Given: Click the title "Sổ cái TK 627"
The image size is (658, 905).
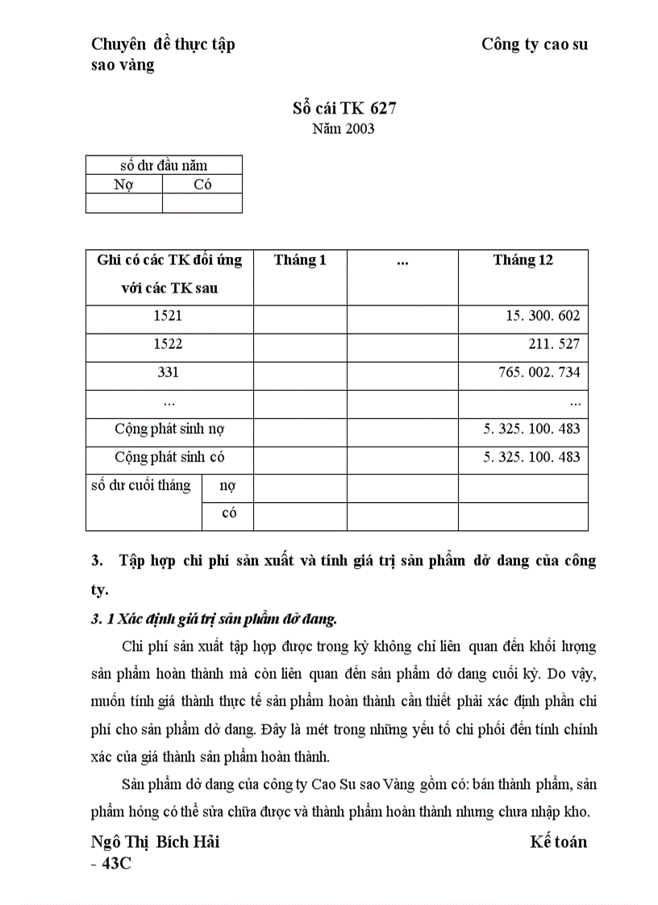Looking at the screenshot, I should pos(344,108).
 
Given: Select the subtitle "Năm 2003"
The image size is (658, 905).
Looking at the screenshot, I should pos(344,128).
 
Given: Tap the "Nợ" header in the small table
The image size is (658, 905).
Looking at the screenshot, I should pos(123,185).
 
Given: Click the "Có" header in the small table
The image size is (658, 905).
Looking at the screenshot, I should pos(202,185).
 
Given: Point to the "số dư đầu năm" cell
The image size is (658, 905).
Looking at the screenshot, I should pos(164,165).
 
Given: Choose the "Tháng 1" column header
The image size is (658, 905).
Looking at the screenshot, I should pos(300,260).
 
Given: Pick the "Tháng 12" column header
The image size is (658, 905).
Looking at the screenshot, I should pos(523,260).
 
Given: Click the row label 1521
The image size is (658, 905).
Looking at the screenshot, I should pos(169,316).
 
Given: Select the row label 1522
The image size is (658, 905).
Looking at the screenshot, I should pos(169,344).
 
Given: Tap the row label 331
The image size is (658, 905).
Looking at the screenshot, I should pos(169,372).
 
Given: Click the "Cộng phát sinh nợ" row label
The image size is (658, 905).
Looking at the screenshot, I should pos(169,429).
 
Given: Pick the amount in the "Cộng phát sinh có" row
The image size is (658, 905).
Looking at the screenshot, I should pos(531,457).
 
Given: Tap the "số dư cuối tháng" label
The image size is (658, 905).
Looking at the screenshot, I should pos(141,485).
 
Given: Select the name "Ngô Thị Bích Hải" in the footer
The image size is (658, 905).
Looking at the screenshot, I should pos(156,842).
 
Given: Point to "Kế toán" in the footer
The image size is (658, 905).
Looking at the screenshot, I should pos(559,842).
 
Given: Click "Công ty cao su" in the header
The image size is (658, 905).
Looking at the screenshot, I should pos(535,44).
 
